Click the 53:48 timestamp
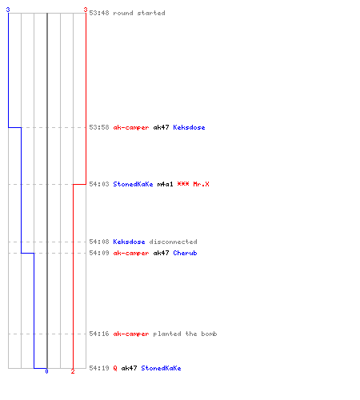point(99,13)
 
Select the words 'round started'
point(139,13)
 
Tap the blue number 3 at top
point(8,10)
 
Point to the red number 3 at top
point(86,10)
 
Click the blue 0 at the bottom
point(46,371)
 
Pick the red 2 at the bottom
point(73,371)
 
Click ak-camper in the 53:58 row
point(131,127)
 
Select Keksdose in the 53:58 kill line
point(189,127)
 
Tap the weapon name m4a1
point(165,184)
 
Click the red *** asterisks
point(183,184)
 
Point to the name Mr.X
point(201,184)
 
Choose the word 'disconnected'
point(173,242)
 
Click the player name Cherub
point(185,253)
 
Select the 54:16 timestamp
point(99,334)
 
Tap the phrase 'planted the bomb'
point(185,334)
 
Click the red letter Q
point(115,368)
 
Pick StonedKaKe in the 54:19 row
point(161,368)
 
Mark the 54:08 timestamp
point(99,242)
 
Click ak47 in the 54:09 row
point(161,253)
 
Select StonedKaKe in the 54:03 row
point(133,184)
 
